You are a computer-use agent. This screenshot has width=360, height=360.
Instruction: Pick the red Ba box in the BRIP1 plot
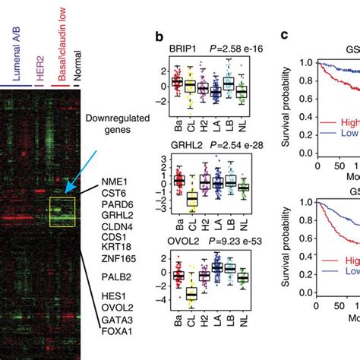point(177,82)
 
